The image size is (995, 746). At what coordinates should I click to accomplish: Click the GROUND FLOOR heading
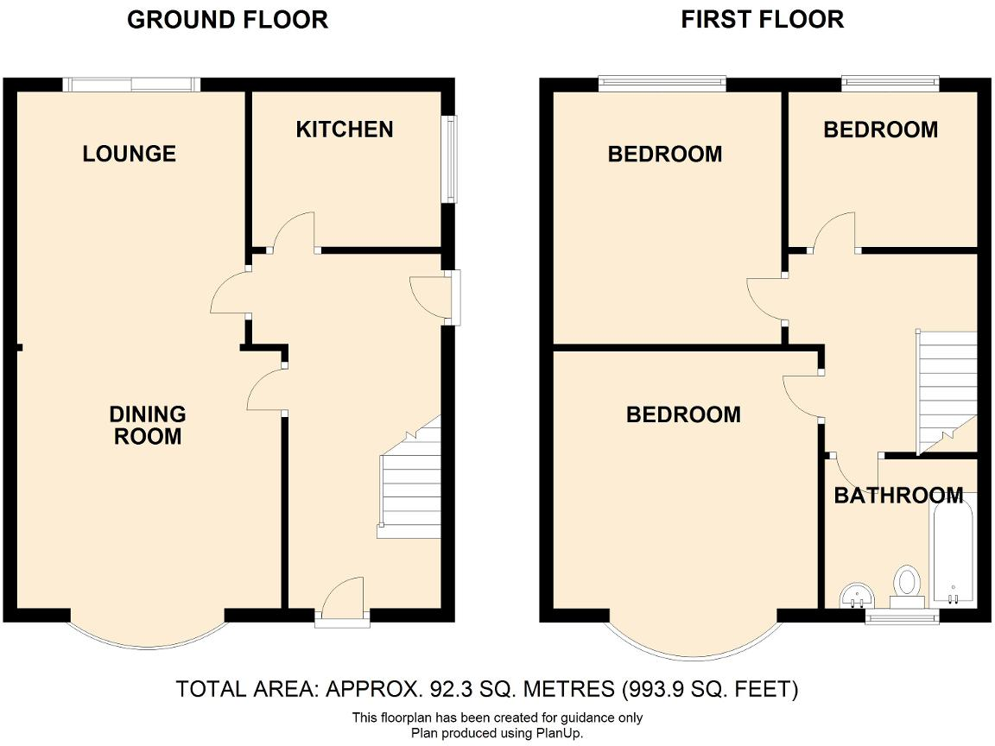click(227, 20)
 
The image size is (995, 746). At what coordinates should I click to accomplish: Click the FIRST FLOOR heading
click(762, 20)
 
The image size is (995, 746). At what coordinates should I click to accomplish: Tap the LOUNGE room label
click(130, 154)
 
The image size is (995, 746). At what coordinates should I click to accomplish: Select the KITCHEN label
click(345, 130)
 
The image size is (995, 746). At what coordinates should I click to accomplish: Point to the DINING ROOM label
click(148, 426)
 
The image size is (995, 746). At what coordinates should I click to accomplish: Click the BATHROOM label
click(898, 496)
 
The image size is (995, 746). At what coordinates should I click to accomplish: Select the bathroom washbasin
click(856, 595)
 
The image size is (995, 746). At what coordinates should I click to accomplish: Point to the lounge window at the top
click(131, 84)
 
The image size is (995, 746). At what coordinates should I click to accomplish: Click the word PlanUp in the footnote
click(561, 733)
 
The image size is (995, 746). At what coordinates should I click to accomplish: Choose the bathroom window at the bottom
click(902, 616)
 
